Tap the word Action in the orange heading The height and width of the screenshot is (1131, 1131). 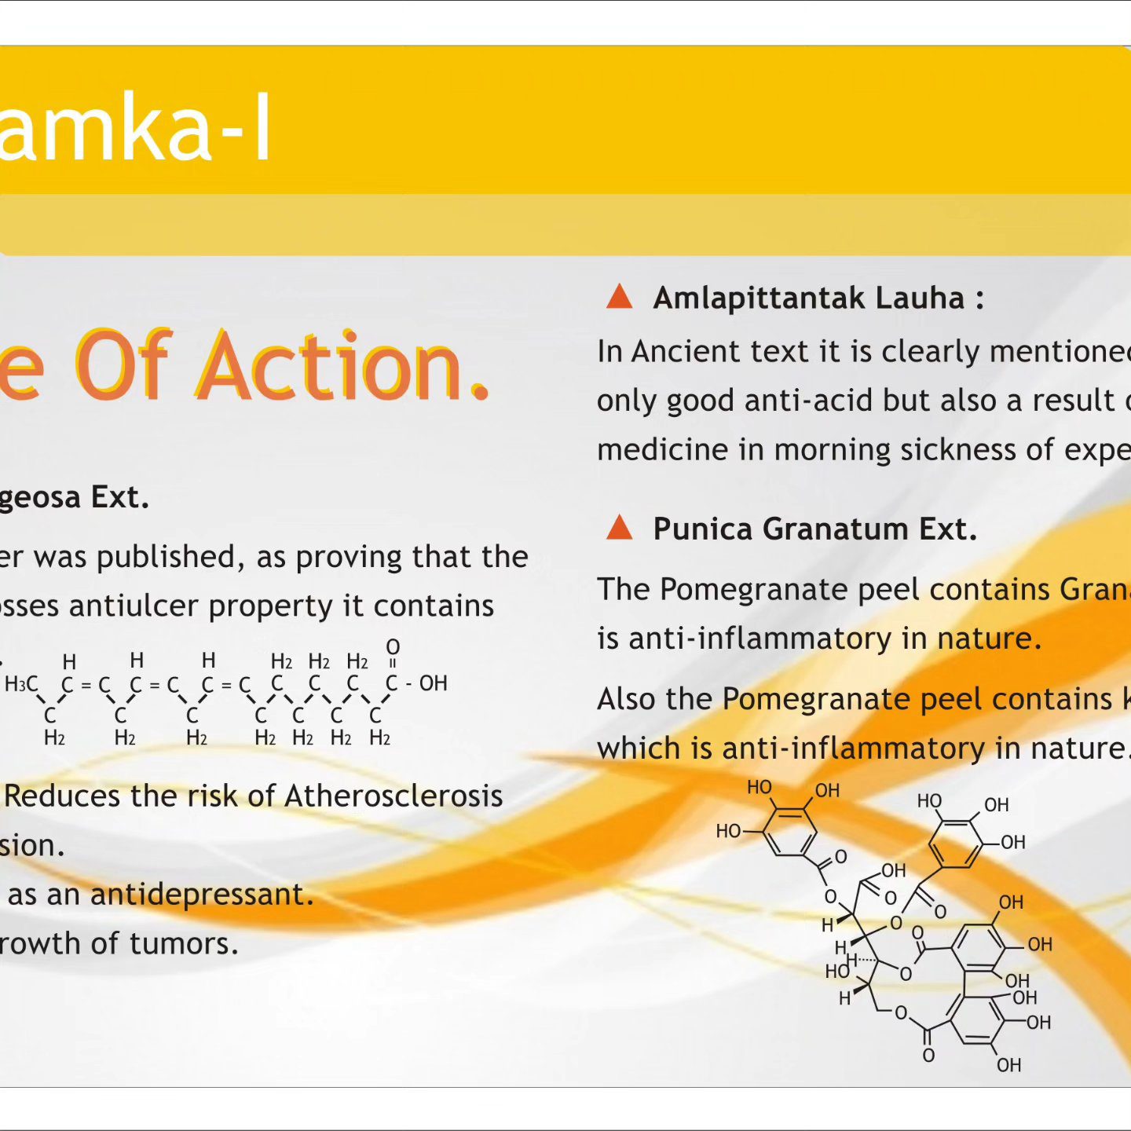(343, 365)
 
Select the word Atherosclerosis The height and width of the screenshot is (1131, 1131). (393, 797)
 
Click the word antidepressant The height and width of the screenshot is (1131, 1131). (202, 895)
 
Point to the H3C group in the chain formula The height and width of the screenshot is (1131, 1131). (21, 684)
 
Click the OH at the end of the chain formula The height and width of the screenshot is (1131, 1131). (434, 684)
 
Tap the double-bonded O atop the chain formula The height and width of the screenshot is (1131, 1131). (393, 646)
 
